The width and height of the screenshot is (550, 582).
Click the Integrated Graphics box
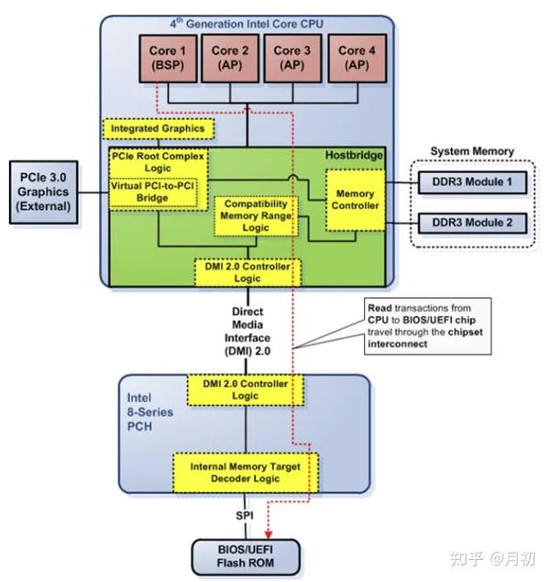tap(159, 128)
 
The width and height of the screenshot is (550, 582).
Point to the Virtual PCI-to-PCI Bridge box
tap(153, 192)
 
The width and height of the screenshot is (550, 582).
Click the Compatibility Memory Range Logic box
tap(254, 215)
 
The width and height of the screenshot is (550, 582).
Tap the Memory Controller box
tap(356, 200)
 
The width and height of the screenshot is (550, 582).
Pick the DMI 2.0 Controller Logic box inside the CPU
tap(246, 271)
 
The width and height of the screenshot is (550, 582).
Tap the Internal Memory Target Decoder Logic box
tap(245, 473)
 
